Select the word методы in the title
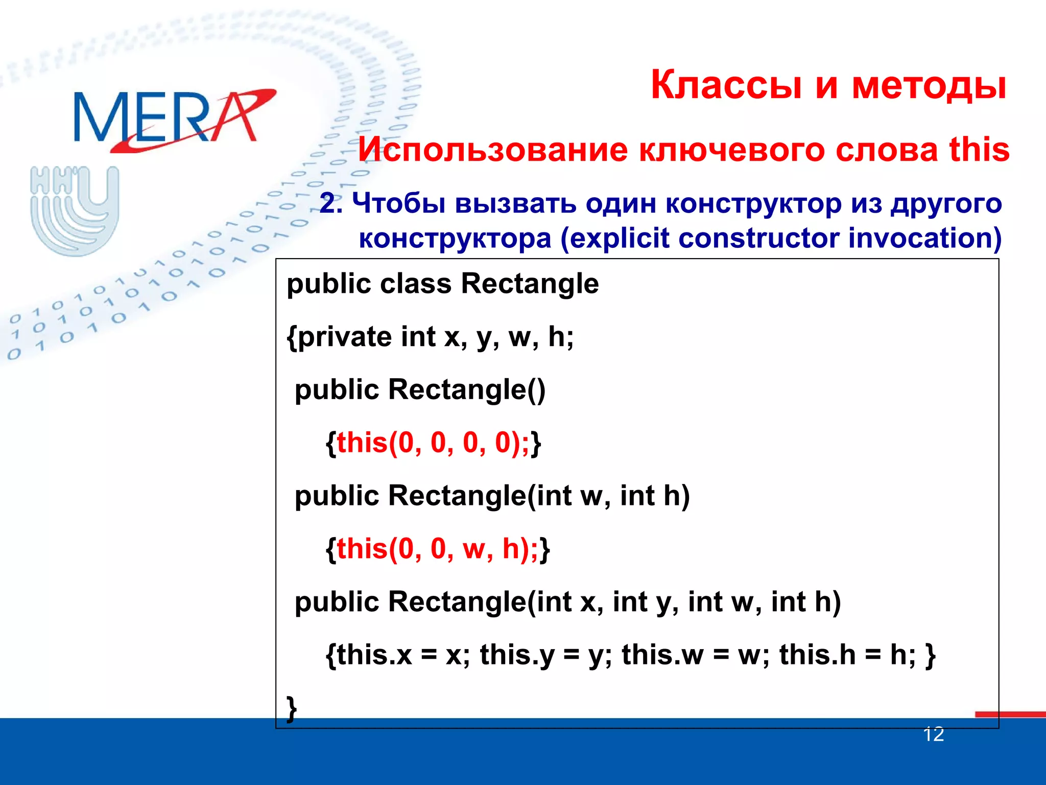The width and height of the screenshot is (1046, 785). (929, 85)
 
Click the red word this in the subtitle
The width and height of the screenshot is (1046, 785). (979, 150)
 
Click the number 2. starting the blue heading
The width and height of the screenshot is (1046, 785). (331, 203)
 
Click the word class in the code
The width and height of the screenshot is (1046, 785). (416, 284)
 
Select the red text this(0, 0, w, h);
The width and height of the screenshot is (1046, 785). (437, 549)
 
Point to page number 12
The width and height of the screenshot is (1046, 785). (933, 734)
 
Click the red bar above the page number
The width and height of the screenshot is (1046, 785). (1009, 714)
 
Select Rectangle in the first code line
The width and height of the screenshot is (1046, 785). (529, 284)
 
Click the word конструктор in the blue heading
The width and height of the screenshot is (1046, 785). (753, 203)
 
